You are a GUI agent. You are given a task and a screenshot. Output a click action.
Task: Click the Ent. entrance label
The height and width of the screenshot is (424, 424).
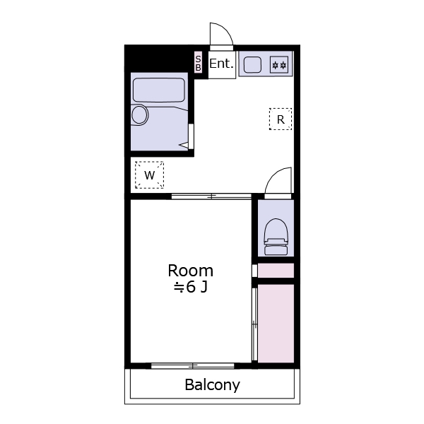coord(221,64)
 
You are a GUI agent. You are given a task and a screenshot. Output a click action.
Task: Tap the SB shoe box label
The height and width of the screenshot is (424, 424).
coord(198,63)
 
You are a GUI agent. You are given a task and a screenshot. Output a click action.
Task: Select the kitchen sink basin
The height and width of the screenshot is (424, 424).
coord(252,65)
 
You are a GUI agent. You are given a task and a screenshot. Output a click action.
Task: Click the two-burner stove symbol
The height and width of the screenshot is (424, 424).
coord(279,65)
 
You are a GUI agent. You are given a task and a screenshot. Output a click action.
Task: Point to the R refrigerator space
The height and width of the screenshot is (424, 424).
coord(281,119)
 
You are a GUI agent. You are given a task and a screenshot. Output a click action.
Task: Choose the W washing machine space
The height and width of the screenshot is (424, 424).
coord(149,175)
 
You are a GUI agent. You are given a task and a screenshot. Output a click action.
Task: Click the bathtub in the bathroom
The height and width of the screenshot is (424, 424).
coord(159,90)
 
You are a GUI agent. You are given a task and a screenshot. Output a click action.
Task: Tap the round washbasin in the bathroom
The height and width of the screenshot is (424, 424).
coord(139,114)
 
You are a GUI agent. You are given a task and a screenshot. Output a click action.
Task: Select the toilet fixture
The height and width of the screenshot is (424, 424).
coord(276,237)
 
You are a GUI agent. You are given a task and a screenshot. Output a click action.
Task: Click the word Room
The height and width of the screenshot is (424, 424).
coord(190,271)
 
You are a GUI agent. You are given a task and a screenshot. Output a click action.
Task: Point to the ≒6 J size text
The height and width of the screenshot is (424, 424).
coord(190,287)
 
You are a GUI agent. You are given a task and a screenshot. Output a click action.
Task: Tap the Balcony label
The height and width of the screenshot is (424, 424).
coord(212,385)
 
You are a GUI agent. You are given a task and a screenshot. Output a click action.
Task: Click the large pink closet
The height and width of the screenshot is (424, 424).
coord(276,323)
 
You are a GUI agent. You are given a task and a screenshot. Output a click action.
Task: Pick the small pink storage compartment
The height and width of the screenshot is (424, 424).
coord(276,271)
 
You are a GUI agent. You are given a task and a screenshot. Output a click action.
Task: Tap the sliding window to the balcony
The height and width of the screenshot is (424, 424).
coord(192,366)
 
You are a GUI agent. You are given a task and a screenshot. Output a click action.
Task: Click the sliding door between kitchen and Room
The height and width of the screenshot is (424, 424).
coord(211,196)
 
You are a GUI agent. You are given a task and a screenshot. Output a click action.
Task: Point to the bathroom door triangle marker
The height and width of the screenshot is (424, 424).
coord(184,146)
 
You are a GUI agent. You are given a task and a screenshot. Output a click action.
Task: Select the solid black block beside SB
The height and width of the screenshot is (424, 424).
coord(160,59)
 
